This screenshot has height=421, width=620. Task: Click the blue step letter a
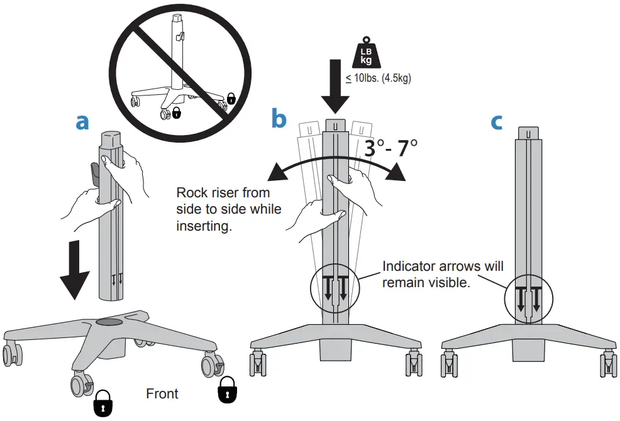[82, 123]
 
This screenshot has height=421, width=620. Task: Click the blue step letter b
[279, 119]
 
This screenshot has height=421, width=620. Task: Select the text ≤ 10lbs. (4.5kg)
[377, 79]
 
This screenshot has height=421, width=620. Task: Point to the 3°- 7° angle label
[390, 148]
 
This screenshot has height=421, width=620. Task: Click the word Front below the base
[162, 394]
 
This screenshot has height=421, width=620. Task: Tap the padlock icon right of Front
[227, 390]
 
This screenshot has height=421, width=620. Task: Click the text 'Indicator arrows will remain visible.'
[443, 275]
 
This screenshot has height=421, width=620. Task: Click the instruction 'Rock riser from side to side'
[229, 209]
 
